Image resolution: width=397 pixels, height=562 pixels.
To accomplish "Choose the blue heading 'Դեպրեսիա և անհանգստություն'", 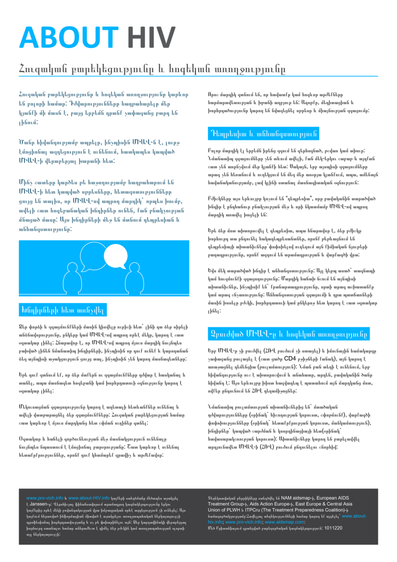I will coord(264,133).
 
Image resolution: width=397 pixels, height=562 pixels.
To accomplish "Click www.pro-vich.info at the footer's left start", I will coord(45,498).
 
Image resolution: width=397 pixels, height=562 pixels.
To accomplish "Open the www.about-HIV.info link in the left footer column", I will coord(89,498).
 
